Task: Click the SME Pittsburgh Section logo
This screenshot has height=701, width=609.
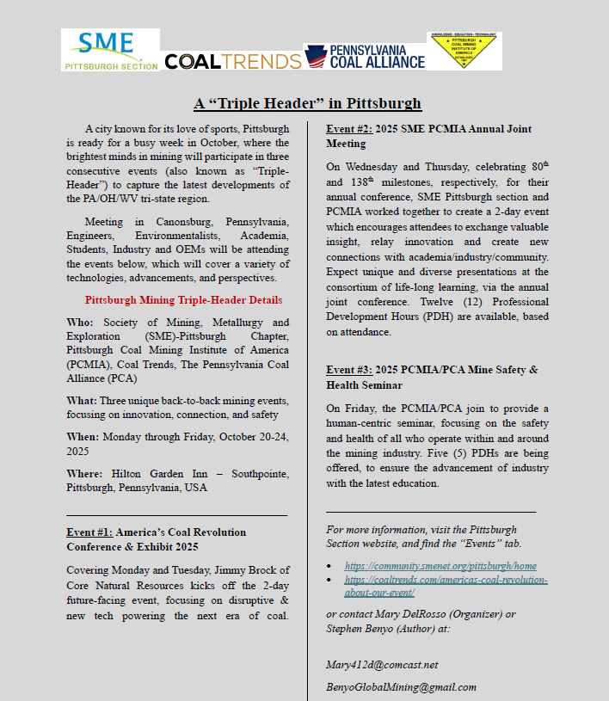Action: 110,50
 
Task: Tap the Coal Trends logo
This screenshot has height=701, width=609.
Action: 232,60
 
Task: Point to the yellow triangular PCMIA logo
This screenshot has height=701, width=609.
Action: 464,51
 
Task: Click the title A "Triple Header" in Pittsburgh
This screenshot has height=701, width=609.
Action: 307,103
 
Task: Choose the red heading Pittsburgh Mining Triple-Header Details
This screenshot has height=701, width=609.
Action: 183,300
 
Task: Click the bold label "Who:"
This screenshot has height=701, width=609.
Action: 80,323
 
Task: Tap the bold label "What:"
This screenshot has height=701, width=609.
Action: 83,402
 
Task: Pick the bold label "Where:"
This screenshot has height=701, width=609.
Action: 87,474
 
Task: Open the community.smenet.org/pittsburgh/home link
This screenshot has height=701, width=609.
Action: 440,566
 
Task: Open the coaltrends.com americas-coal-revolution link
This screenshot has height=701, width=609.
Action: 446,580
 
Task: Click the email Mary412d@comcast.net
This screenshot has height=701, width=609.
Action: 382,665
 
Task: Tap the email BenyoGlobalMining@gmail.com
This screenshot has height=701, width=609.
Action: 401,687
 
